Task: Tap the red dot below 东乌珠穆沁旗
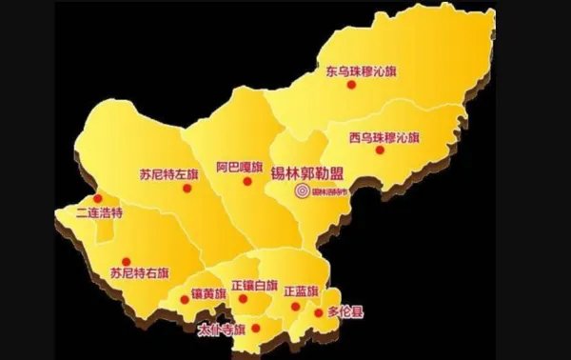(351, 85)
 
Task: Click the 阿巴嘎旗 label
(238, 166)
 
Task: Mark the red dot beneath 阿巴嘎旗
(246, 181)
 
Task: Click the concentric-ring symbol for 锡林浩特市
(302, 192)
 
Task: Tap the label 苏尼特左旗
(168, 174)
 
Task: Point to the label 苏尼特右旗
(140, 271)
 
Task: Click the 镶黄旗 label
(210, 291)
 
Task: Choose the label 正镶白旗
(254, 284)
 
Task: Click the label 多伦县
(345, 311)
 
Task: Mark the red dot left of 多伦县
(318, 311)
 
